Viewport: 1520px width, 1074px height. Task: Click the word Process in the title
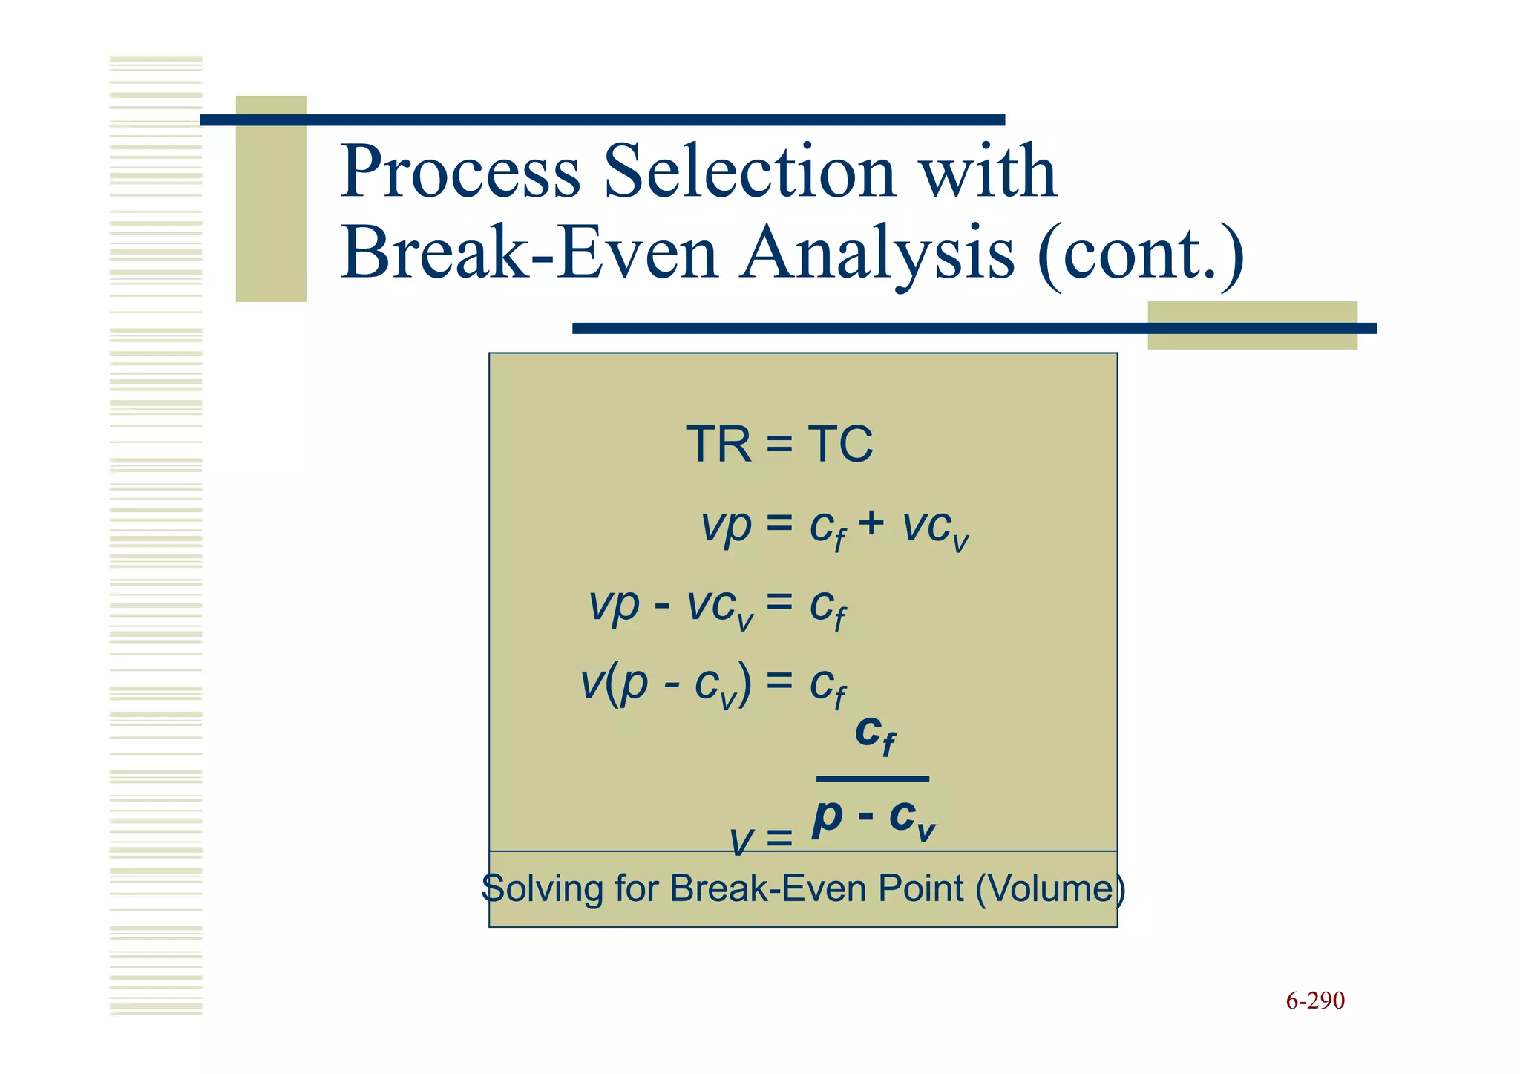(459, 172)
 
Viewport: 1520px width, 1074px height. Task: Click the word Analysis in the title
(877, 254)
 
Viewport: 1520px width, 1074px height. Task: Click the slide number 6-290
(1314, 1001)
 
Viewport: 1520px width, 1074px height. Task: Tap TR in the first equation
(718, 445)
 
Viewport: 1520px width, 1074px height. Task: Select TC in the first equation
(840, 445)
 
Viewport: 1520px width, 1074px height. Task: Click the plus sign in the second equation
(871, 523)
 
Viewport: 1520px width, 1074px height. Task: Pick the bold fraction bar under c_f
(872, 779)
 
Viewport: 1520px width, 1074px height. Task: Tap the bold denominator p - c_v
(873, 819)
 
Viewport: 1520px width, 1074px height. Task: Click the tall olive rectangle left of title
(271, 199)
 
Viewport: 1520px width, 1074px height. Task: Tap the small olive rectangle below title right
(1252, 325)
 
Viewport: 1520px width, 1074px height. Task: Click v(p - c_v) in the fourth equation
(665, 684)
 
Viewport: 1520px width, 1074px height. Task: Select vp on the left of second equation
(726, 526)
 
